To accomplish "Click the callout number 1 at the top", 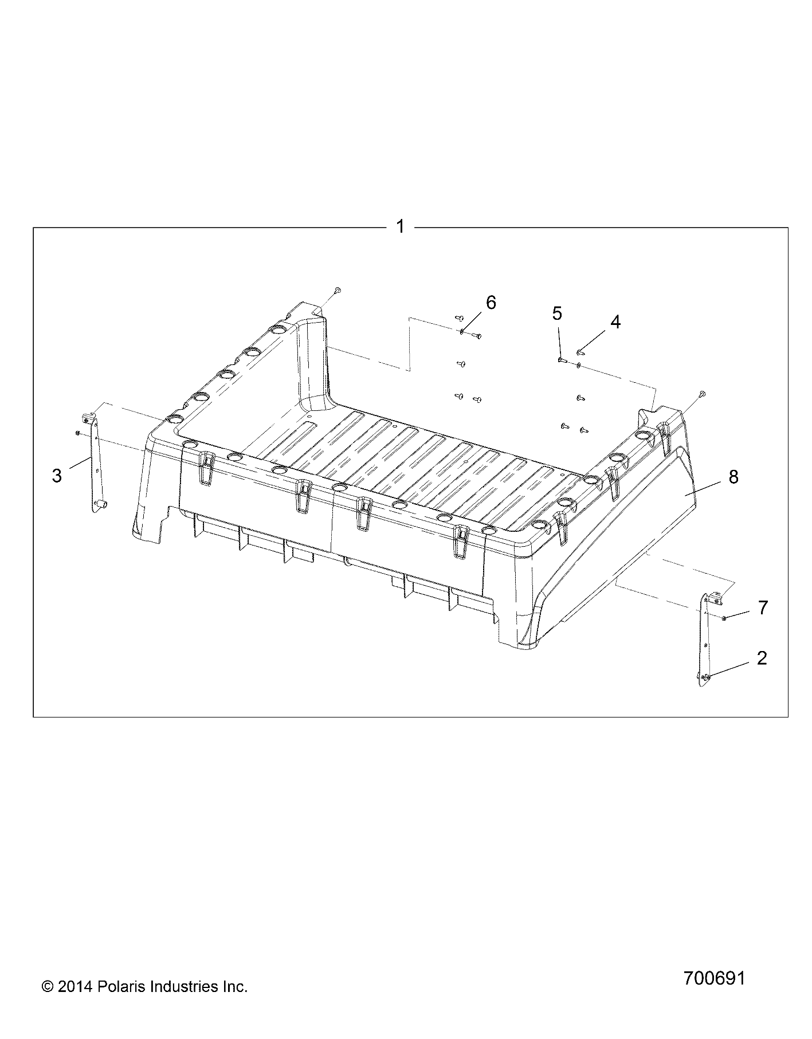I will pyautogui.click(x=401, y=227).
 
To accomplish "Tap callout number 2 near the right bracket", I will pyautogui.click(x=761, y=658).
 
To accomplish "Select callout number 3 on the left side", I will pyautogui.click(x=57, y=475).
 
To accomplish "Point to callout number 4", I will pyautogui.click(x=615, y=322).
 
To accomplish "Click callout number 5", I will pyautogui.click(x=557, y=313).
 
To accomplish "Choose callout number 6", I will pyautogui.click(x=491, y=303).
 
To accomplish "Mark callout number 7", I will pyautogui.click(x=762, y=607).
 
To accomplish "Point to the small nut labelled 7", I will pyautogui.click(x=725, y=618).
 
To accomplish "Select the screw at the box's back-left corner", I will pyautogui.click(x=338, y=291).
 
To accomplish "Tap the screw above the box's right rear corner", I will pyautogui.click(x=703, y=394).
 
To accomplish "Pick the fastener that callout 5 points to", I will pyautogui.click(x=562, y=360).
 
